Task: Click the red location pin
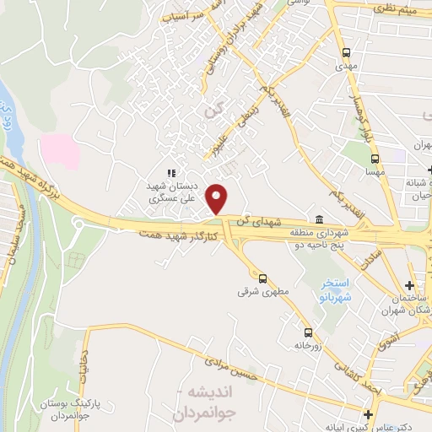click(x=218, y=198)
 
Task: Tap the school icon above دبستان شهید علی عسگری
click(x=172, y=173)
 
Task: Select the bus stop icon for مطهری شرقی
click(x=262, y=278)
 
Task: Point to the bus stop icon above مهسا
click(x=375, y=158)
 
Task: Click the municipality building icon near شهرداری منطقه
click(x=319, y=221)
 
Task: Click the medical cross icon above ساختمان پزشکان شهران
click(x=409, y=285)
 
